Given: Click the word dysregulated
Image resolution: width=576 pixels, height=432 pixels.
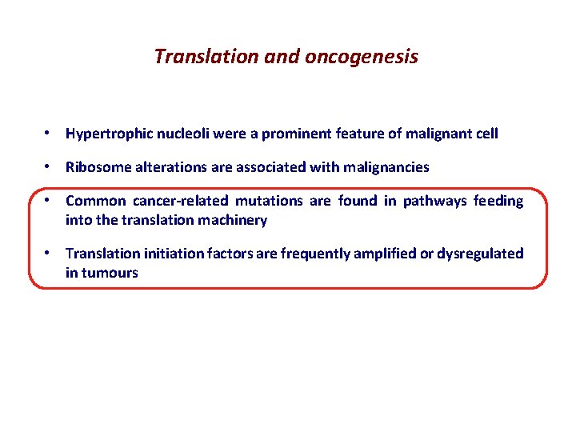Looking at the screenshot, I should tap(482, 254).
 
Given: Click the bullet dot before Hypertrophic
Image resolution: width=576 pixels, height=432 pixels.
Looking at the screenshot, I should tap(50, 134).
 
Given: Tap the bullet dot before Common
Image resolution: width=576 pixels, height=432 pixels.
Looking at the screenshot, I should tap(50, 201).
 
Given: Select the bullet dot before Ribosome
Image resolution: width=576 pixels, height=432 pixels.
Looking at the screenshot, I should tap(50, 167).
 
